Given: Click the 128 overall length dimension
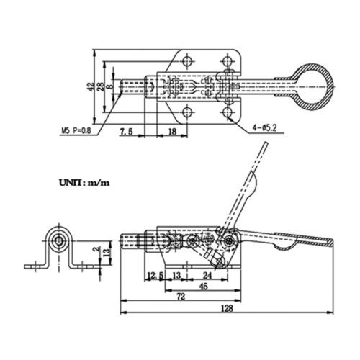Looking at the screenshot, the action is (227, 308).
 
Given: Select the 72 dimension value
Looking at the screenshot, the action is (181, 297).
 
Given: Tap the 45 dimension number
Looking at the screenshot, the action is (203, 287).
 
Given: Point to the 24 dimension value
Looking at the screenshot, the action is (207, 276).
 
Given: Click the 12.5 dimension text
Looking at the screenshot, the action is (155, 276).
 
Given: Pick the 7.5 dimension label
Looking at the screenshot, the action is (127, 132).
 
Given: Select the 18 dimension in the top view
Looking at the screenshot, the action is (172, 132).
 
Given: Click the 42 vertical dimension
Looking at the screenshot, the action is (91, 86).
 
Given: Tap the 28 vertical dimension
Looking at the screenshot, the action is (101, 86).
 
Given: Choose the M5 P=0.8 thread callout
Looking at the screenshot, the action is (76, 131).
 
